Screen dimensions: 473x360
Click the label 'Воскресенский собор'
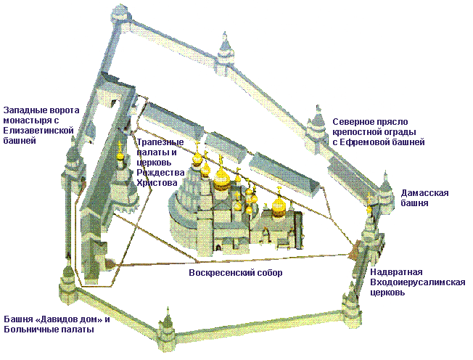point(236,273)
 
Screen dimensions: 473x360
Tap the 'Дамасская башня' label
point(424,197)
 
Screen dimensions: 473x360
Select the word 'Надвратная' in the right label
point(396,272)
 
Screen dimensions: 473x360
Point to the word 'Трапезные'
point(160,142)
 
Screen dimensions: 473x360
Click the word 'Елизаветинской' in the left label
point(38,131)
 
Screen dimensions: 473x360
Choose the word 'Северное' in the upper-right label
point(353,122)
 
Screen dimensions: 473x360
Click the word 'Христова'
point(157,183)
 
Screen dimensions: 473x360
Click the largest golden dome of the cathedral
point(222,178)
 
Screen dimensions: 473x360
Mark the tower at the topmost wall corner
point(121,15)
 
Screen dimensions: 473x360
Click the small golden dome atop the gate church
point(369,209)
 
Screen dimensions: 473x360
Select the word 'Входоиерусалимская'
point(417,282)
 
